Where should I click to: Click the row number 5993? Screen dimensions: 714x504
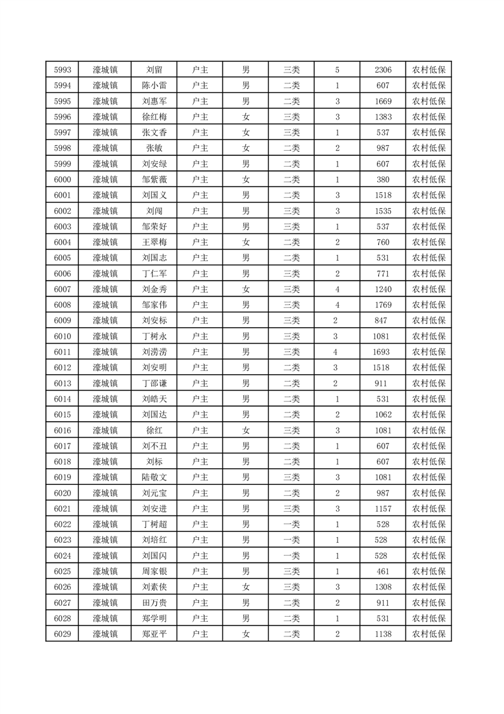pos(62,70)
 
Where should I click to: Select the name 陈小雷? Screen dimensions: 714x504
pos(154,86)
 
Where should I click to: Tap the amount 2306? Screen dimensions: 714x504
pos(383,70)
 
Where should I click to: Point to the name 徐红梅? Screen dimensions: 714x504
pos(154,117)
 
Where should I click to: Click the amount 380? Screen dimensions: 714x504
pos(383,179)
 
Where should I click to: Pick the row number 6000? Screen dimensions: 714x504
pos(62,179)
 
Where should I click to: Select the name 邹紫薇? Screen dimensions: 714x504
pos(154,179)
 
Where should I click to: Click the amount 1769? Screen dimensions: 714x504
pos(383,305)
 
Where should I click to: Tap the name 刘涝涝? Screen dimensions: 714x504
pos(154,352)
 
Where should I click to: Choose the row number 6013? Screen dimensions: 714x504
pos(62,383)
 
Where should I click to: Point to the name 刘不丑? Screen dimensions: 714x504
pos(154,446)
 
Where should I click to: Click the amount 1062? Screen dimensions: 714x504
pos(383,414)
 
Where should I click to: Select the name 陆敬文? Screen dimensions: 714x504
pos(154,477)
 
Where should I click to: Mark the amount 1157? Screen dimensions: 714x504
pos(383,508)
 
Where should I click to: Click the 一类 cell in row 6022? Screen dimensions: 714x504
pos(291,524)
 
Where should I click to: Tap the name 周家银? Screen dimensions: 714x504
pos(154,571)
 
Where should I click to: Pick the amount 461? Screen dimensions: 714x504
pos(383,571)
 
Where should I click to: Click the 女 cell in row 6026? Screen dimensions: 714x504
pos(246,587)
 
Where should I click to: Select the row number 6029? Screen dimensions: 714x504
pos(62,634)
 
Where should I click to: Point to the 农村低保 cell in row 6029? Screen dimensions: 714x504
pos(428,634)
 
